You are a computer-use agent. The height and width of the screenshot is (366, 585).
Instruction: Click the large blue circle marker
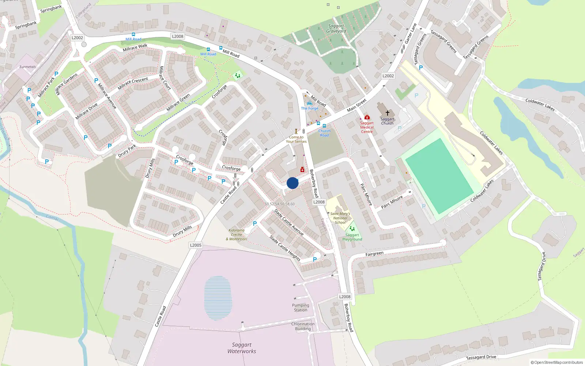click(292, 183)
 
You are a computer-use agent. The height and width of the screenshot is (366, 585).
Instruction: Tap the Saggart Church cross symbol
click(388, 113)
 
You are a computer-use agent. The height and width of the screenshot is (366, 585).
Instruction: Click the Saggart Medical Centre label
click(367, 127)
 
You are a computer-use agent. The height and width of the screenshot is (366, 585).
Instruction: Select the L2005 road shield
click(196, 245)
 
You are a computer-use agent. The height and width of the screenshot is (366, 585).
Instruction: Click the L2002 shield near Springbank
click(77, 38)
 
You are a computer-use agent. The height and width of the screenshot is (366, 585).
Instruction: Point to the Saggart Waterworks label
click(242, 348)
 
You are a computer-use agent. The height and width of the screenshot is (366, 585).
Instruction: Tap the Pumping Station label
click(301, 308)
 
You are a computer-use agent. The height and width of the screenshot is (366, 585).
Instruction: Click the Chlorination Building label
click(303, 326)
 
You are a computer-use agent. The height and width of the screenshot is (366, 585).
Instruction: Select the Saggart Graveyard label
click(336, 29)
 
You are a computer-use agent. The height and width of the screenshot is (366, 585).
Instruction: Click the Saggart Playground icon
click(352, 228)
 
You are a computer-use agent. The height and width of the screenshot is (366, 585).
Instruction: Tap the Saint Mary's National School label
click(340, 218)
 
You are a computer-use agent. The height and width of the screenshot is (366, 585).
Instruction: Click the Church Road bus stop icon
click(324, 126)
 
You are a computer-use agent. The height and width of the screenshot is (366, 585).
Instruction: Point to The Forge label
click(310, 108)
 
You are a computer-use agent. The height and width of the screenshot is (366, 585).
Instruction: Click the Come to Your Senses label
click(296, 139)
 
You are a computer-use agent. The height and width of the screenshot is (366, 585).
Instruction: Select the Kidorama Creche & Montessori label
click(237, 235)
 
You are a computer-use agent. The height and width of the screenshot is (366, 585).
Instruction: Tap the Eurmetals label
click(28, 67)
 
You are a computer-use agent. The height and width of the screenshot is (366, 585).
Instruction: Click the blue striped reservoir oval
click(218, 298)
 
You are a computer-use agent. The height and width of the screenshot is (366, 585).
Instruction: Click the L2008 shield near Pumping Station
click(344, 297)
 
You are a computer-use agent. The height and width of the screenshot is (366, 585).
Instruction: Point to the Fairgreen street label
click(374, 254)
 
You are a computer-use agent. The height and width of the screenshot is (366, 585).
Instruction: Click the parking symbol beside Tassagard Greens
click(421, 68)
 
